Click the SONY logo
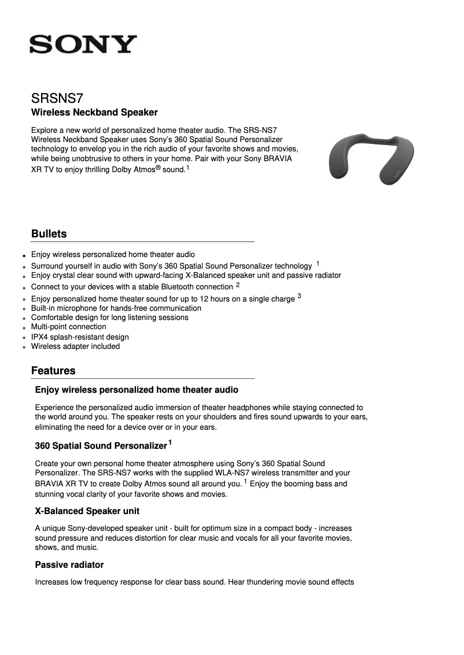[x=83, y=44]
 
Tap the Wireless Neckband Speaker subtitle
[x=94, y=112]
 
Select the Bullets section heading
[x=49, y=234]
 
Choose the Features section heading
[x=53, y=370]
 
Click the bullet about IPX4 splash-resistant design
[x=80, y=337]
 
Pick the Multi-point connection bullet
[x=68, y=327]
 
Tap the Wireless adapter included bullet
[x=75, y=347]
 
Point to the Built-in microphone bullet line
[x=116, y=308]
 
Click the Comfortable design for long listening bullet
[x=109, y=318]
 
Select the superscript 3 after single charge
[x=299, y=296]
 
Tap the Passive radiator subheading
[x=69, y=564]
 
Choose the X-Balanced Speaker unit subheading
[x=87, y=511]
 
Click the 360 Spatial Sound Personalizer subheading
[x=101, y=446]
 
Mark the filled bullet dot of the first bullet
[x=24, y=255]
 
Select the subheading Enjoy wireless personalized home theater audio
[x=137, y=390]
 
